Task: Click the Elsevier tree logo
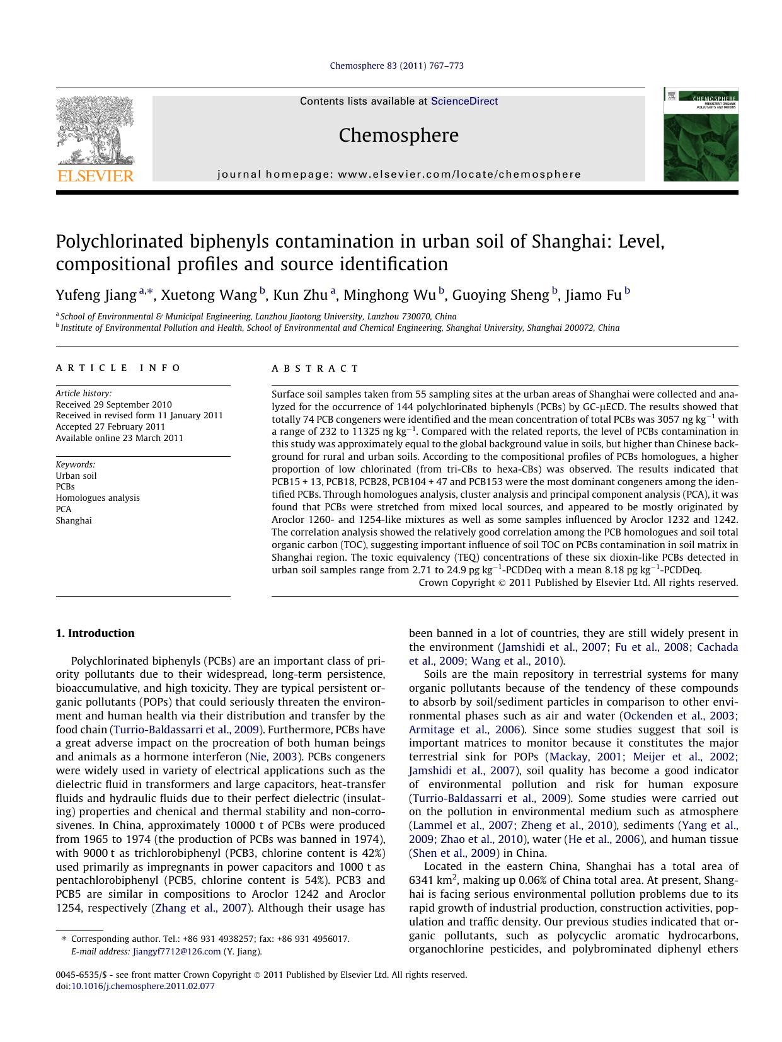click(95, 139)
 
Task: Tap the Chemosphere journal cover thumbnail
click(700, 135)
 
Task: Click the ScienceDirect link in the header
click(464, 101)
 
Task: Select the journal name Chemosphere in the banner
click(398, 135)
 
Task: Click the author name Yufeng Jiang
click(96, 295)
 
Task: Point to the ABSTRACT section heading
click(315, 369)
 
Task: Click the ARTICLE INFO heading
click(118, 368)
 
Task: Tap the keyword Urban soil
click(76, 476)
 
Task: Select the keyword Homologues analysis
click(98, 498)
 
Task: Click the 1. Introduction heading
click(95, 633)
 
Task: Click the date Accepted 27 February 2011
click(110, 427)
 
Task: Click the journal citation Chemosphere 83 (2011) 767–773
click(397, 66)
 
